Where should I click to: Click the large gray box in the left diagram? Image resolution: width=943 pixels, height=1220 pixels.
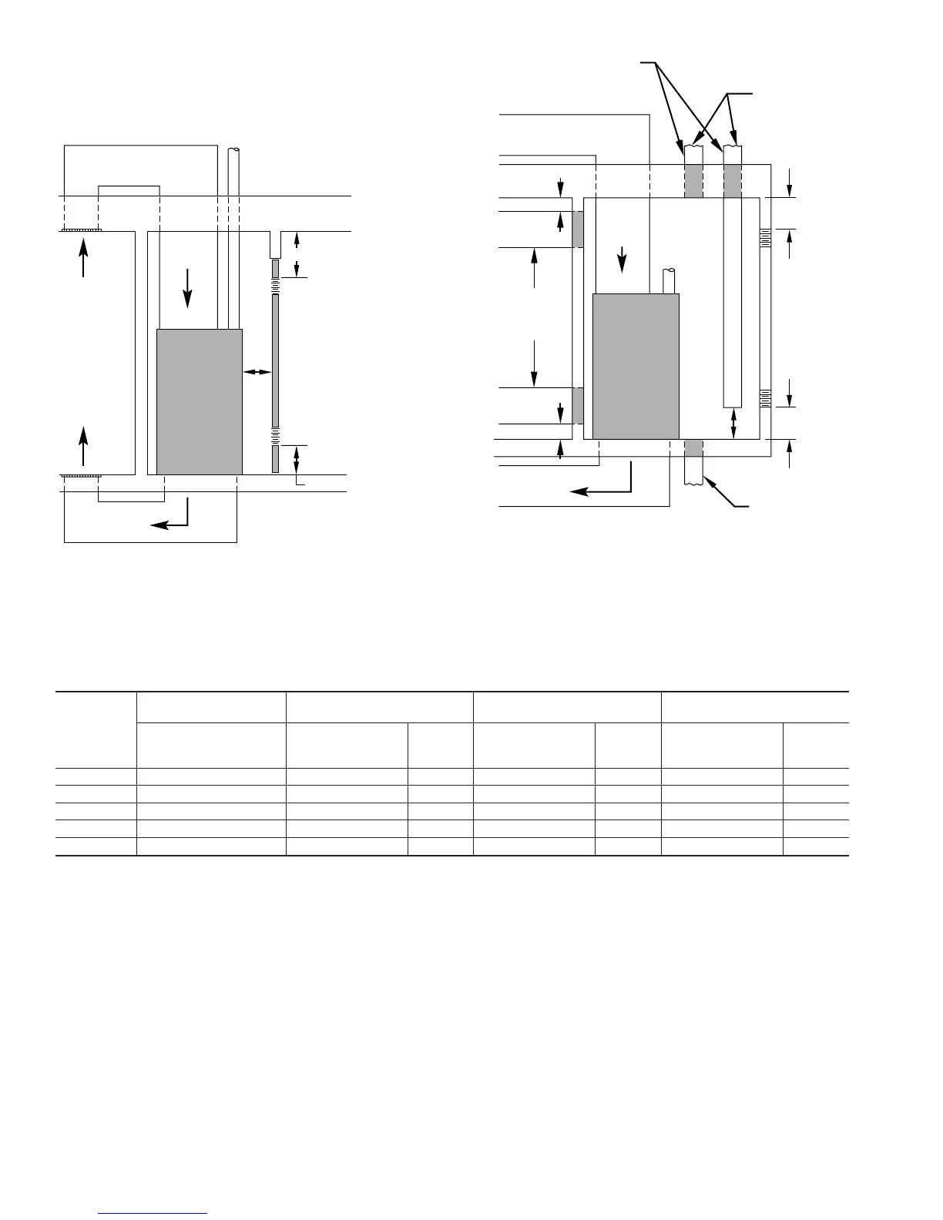[x=199, y=401]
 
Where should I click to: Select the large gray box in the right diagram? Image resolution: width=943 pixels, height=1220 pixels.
[x=636, y=366]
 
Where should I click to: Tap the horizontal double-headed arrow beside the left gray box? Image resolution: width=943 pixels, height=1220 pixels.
[x=257, y=373]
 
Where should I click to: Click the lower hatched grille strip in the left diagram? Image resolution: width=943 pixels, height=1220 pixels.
[x=79, y=476]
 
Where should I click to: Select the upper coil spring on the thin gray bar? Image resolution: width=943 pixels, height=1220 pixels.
[x=275, y=287]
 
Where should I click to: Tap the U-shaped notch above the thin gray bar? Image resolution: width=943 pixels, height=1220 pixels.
[x=275, y=245]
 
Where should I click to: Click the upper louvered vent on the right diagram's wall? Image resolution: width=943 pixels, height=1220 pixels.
[x=765, y=238]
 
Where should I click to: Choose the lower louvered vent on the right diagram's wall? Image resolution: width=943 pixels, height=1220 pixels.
[x=765, y=398]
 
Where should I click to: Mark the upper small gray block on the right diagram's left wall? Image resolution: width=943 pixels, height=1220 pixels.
[x=577, y=229]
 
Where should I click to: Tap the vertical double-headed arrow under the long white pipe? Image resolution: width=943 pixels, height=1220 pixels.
[x=733, y=423]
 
